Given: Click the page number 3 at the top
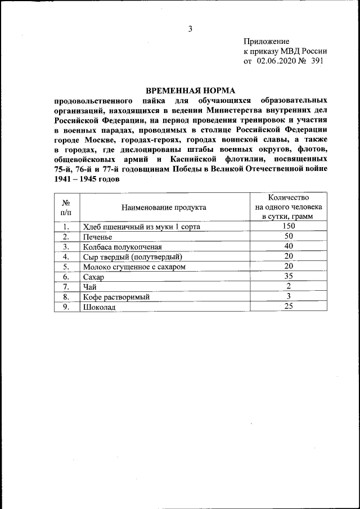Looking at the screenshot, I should click(190, 29).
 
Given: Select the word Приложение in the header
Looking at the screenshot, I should click(266, 42).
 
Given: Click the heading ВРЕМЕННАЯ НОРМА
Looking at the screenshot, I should click(190, 91).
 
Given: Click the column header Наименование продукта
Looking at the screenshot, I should click(164, 207).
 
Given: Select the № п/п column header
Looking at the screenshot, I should click(66, 207).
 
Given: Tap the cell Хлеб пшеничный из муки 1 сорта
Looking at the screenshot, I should click(141, 227).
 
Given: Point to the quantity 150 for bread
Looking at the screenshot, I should click(288, 227).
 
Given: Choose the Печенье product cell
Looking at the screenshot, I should click(99, 237).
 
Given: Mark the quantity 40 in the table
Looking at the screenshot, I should click(288, 246).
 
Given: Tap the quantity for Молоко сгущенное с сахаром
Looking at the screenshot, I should click(288, 267).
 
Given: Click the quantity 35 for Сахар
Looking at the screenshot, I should click(288, 277).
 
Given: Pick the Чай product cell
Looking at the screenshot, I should click(90, 287).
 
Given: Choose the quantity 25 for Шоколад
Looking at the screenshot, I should click(288, 307).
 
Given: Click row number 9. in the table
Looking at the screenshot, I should click(66, 307).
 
